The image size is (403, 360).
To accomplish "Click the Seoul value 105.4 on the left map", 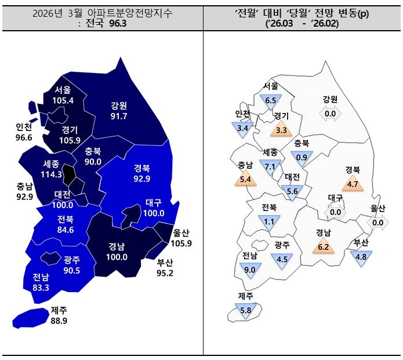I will tap(63, 101).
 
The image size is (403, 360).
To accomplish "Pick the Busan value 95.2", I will tap(165, 272).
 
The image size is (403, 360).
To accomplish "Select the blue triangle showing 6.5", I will tap(270, 99).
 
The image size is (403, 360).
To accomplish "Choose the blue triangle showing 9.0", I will tap(250, 268).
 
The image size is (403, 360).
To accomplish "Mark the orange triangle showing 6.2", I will tap(323, 246).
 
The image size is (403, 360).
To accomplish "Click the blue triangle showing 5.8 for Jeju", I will tap(245, 310).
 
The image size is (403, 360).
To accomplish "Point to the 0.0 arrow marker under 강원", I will tap(330, 114).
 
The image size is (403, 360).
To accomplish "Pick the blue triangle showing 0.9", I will tap(302, 157).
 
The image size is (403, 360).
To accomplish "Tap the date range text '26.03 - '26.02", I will tap(302, 24).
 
